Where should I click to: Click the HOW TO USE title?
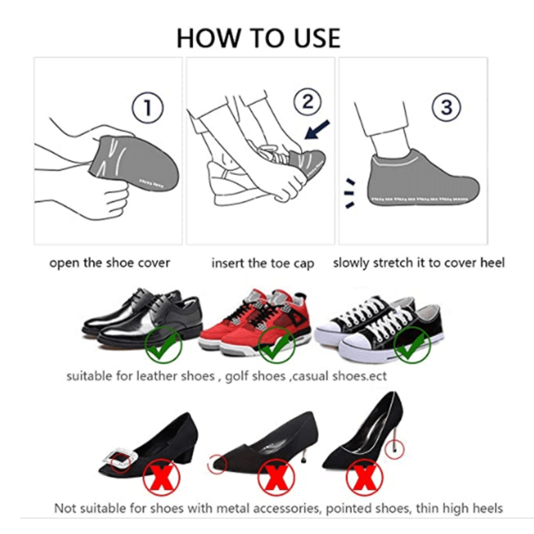click(258, 38)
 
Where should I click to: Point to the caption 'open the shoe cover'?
click(109, 262)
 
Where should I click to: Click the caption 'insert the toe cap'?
click(262, 264)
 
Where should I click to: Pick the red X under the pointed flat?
click(276, 476)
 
